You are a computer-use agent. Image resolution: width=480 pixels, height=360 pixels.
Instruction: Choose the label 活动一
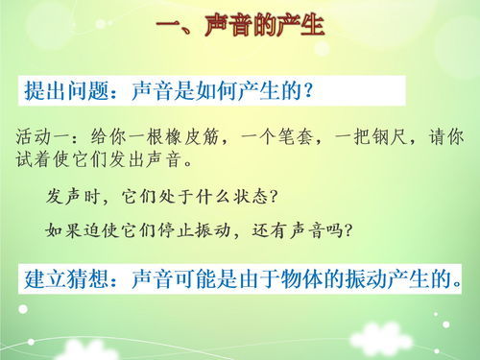pyautogui.click(x=44, y=136)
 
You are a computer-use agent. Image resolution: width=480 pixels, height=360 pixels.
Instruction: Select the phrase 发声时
pyautogui.click(x=76, y=197)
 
